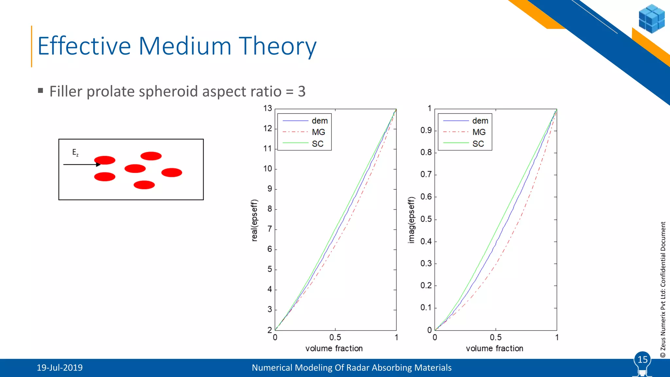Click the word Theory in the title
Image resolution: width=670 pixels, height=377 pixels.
tap(277, 46)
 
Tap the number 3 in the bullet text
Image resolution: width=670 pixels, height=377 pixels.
tap(302, 91)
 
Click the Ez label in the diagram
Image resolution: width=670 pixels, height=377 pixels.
tap(75, 153)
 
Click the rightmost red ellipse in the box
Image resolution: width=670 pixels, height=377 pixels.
tap(171, 172)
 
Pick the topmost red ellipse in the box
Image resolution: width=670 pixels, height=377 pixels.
tap(151, 156)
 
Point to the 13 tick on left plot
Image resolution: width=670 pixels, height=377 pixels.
tap(268, 108)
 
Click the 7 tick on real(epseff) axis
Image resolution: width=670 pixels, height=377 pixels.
tap(270, 229)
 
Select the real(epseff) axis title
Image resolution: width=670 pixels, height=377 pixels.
tap(254, 220)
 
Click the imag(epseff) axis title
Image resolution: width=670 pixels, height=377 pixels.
tap(411, 220)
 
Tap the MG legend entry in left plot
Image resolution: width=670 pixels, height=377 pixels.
tap(318, 132)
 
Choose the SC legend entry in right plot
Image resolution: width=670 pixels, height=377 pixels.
tap(478, 144)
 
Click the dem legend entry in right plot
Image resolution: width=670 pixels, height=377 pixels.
tap(480, 121)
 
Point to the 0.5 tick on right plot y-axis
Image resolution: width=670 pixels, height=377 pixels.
tap(426, 219)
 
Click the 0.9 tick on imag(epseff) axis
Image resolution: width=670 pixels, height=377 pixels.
tap(426, 130)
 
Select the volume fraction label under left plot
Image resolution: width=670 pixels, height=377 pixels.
tap(334, 348)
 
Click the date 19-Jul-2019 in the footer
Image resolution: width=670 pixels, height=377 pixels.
tap(60, 368)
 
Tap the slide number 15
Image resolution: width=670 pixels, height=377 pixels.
tap(642, 359)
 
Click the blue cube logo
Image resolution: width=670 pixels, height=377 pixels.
tap(651, 19)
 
